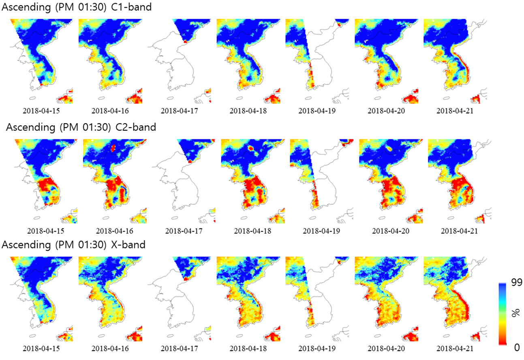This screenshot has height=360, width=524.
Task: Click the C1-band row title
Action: click(77, 7)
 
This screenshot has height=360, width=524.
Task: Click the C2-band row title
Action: click(81, 128)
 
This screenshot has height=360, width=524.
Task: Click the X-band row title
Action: click(73, 245)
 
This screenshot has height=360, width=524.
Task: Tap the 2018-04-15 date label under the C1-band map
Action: click(41, 111)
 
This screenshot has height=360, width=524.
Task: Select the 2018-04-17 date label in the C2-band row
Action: click(184, 231)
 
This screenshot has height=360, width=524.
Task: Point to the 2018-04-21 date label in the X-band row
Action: click(455, 349)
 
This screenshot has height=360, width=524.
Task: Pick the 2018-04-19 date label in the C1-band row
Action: click(317, 111)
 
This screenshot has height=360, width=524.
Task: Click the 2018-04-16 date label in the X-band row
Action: click(110, 349)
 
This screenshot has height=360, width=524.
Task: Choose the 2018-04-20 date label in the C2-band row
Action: click(391, 231)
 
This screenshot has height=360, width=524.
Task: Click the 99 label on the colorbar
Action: click(517, 283)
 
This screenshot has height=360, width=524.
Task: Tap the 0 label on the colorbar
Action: click(517, 347)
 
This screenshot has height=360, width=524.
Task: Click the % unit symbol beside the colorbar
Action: click(515, 313)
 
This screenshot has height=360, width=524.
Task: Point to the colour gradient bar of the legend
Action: click(503, 314)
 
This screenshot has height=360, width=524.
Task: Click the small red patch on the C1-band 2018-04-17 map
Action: click(186, 42)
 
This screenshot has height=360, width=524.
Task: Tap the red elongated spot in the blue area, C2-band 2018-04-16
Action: click(113, 148)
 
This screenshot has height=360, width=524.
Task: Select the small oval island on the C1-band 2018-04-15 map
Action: click(32, 98)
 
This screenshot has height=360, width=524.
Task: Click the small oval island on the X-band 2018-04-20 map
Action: click(377, 336)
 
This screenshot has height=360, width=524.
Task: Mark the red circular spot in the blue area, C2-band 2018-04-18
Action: click(250, 148)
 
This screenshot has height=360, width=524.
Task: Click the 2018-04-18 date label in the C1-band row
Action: click(248, 111)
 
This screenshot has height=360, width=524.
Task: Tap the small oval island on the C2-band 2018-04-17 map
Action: click(175, 218)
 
